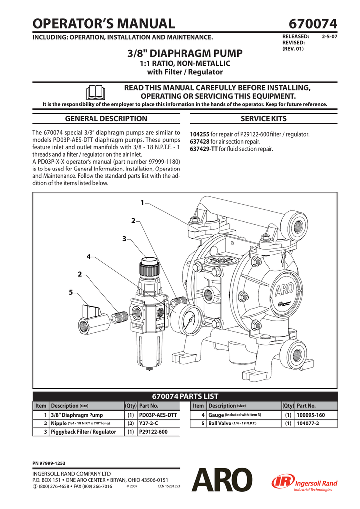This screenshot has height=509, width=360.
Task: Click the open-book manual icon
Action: pos(95,92)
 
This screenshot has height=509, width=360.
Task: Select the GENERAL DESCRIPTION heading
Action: pos(106,119)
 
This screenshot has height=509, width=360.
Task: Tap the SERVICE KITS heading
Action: pos(263,119)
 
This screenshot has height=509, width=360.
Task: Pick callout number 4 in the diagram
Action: pos(89,257)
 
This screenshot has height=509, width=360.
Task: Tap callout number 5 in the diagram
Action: pos(71,292)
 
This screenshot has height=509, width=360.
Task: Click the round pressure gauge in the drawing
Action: pos(185,316)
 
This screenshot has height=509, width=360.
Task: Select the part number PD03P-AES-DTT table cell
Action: pos(158,415)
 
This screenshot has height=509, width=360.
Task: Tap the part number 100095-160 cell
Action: pos(311,415)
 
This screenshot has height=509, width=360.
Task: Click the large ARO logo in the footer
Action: pos(222,480)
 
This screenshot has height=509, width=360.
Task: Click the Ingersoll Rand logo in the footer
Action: pos(304,482)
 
